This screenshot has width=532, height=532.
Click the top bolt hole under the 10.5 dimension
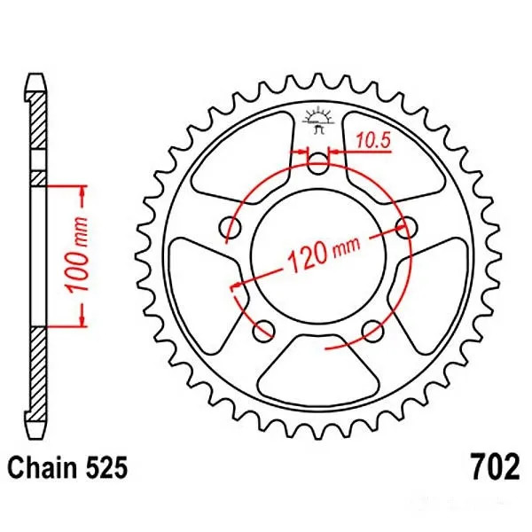tap(320, 163)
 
